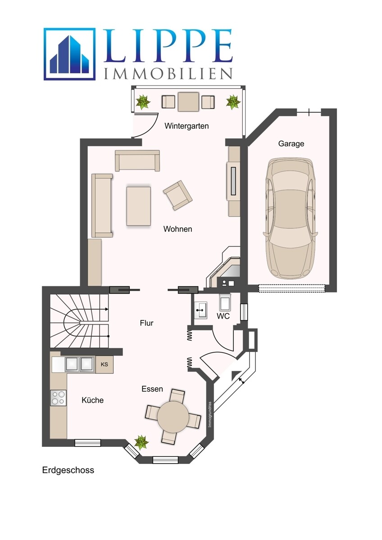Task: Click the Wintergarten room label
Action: (186, 126)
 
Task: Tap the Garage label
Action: (291, 144)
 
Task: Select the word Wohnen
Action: (177, 229)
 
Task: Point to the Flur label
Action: (146, 323)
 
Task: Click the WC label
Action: (223, 316)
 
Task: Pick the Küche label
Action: (92, 400)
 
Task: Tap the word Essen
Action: (152, 389)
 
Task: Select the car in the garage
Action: (290, 218)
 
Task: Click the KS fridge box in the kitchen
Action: (104, 364)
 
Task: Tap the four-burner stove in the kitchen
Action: (58, 397)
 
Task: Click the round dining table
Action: (173, 416)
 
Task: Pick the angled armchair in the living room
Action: (177, 195)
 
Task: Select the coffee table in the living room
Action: (138, 206)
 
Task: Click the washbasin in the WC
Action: (200, 310)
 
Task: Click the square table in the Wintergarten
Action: (188, 102)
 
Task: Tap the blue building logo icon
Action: (69, 54)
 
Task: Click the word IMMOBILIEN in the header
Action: (168, 73)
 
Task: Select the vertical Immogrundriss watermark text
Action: (210, 414)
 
